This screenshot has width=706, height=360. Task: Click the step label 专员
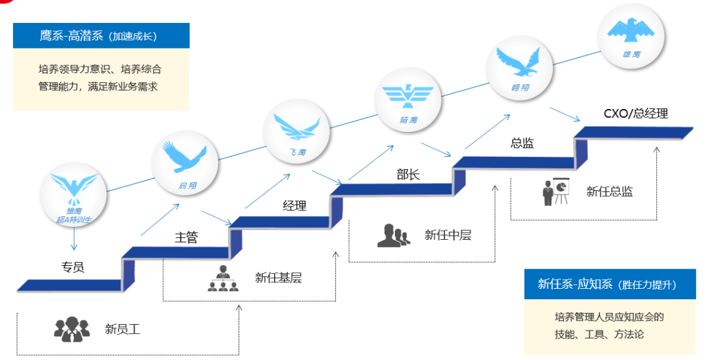coord(73,267)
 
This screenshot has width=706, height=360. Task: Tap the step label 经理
coord(294,206)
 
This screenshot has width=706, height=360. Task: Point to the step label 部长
coord(408,174)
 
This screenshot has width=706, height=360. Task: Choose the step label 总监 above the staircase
coord(522,143)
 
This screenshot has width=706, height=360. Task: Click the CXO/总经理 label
coord(635,113)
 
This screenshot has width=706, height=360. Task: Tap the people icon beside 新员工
coord(71,329)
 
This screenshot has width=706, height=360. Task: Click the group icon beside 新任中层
coord(394,235)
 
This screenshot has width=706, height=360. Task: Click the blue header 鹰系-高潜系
coord(101,36)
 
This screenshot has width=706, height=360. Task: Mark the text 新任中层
coord(448,235)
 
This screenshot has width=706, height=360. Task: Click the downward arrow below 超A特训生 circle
coord(74,239)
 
